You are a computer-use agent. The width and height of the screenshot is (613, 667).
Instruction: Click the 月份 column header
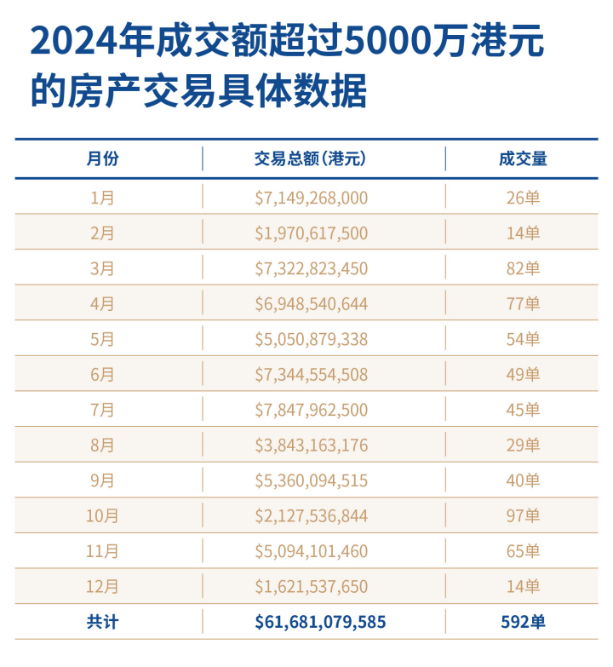click(102, 158)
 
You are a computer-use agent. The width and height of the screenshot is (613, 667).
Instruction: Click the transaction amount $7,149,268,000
click(311, 198)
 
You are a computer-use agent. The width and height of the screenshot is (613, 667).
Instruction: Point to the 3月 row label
click(102, 268)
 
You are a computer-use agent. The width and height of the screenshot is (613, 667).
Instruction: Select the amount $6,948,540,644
click(311, 304)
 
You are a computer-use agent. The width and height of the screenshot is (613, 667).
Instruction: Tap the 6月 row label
click(102, 375)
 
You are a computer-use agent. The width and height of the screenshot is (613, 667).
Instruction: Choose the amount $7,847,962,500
click(311, 410)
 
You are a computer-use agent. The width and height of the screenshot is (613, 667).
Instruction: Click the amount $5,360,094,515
click(311, 480)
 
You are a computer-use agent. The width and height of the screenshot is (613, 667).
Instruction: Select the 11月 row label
click(102, 551)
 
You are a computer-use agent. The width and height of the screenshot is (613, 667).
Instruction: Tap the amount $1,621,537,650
click(311, 587)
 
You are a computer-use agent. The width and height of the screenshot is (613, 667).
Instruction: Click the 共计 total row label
click(102, 622)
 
